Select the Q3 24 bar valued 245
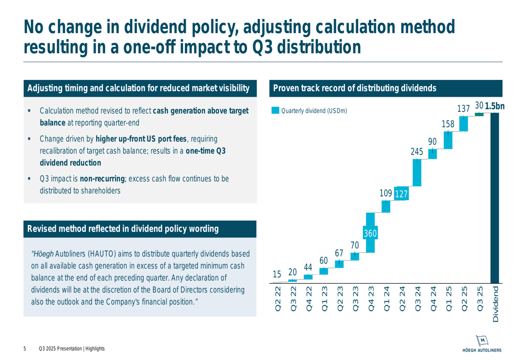pyautogui.click(x=417, y=172)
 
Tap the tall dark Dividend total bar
pyautogui.click(x=494, y=198)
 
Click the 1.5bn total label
pyautogui.click(x=494, y=106)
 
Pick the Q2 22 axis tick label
pyautogui.click(x=277, y=299)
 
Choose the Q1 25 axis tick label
pyautogui.click(x=448, y=299)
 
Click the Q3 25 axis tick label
pyautogui.click(x=479, y=299)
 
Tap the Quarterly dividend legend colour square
pyautogui.click(x=275, y=111)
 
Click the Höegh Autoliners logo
pyautogui.click(x=481, y=343)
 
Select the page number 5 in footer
pyautogui.click(x=25, y=349)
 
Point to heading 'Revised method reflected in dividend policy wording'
pyautogui.click(x=123, y=229)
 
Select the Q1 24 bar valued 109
pyautogui.click(x=386, y=207)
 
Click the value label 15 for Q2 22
pyautogui.click(x=277, y=274)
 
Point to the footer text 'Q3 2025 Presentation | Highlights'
pyautogui.click(x=72, y=349)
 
